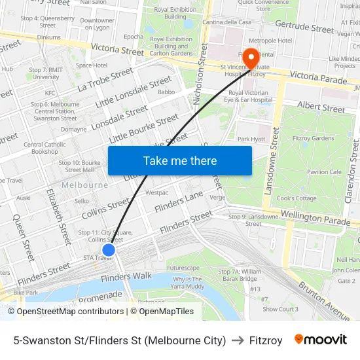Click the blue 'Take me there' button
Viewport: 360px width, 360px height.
click(180, 160)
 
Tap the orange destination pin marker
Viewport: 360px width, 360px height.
click(250, 59)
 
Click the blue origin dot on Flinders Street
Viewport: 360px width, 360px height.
click(109, 249)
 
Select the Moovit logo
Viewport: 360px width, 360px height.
click(320, 340)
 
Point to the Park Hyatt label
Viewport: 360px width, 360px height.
click(250, 139)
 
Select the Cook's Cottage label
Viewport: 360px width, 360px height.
click(297, 198)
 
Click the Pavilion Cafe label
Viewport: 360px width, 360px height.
click(324, 171)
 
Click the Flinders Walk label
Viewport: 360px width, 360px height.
click(126, 277)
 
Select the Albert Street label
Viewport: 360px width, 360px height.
click(321, 107)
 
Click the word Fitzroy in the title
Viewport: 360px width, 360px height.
click(266, 340)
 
